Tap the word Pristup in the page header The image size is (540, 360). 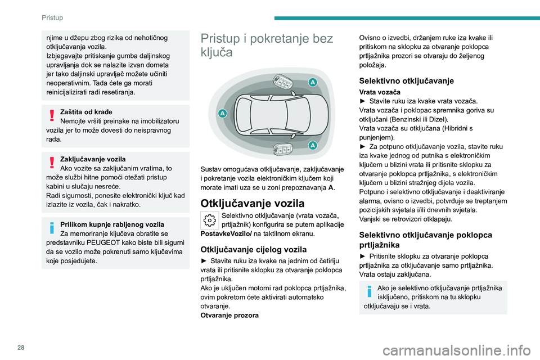coord(53,17)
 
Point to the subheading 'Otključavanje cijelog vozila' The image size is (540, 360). coord(254,249)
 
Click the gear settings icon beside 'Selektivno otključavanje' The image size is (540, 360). coord(209,220)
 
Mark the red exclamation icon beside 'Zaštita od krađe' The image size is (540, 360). coord(52,115)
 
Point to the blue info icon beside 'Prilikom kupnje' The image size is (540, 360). coord(52,228)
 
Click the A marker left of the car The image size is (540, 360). coord(223,114)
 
